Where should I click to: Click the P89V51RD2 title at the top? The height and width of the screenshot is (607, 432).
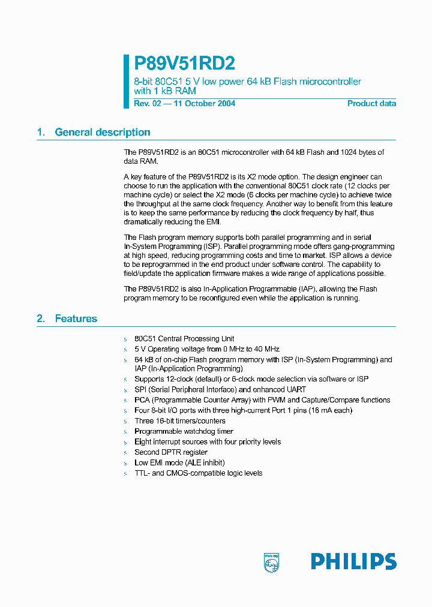click(184, 64)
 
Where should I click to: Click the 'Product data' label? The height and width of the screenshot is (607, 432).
click(371, 103)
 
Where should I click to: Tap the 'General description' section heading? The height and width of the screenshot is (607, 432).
click(102, 133)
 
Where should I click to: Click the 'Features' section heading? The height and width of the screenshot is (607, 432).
click(76, 318)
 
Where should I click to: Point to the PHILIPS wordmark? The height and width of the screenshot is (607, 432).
click(353, 561)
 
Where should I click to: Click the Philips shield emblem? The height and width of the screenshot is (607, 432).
click(271, 562)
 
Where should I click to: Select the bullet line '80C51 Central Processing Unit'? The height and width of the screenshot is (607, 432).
click(184, 339)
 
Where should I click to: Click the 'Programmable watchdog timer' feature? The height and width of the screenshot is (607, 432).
click(184, 431)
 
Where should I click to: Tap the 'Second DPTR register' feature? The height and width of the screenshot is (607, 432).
click(170, 452)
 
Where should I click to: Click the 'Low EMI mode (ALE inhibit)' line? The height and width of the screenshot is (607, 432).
click(179, 462)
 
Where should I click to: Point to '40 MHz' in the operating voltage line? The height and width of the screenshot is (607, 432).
click(266, 349)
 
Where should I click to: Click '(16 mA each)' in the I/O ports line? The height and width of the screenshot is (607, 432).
click(329, 410)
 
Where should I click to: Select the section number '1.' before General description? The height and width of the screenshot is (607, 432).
click(41, 133)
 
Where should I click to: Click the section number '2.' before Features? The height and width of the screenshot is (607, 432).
click(41, 318)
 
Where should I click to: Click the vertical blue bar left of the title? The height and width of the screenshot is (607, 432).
click(127, 82)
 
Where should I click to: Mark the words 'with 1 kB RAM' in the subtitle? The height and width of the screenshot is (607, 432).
click(164, 91)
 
